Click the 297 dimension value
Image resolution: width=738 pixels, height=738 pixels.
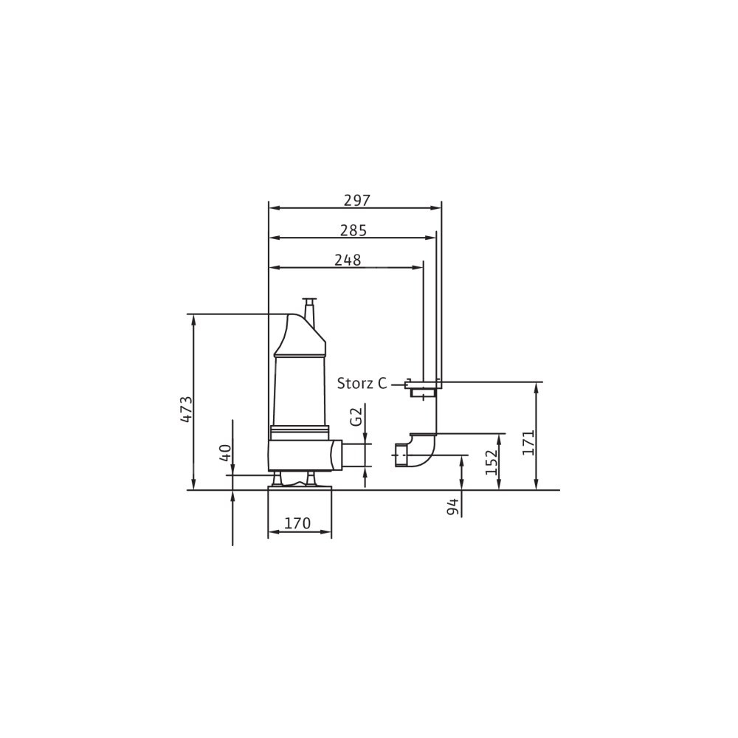click(x=357, y=201)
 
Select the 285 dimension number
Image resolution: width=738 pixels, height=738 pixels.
click(x=353, y=230)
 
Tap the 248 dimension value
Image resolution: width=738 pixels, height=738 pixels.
click(x=348, y=261)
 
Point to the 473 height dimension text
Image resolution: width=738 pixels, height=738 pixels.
click(x=187, y=409)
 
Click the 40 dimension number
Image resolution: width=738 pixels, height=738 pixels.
click(x=226, y=453)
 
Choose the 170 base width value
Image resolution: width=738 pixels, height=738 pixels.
click(x=297, y=523)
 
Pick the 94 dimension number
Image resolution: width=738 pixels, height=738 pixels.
click(x=453, y=507)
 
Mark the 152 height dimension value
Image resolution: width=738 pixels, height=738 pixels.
click(x=491, y=462)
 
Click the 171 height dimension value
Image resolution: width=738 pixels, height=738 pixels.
click(x=528, y=442)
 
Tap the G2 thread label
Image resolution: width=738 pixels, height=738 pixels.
click(x=357, y=417)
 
